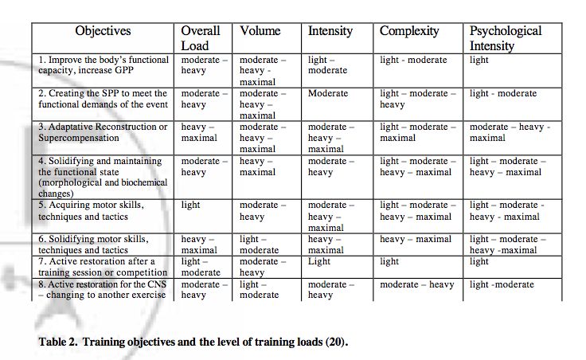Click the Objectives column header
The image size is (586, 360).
point(103,30)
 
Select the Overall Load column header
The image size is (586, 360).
point(201,38)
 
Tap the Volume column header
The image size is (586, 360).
point(260,30)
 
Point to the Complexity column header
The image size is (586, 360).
point(409,31)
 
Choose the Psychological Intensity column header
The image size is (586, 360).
point(506,38)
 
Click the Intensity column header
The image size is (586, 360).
point(330,31)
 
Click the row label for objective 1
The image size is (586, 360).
point(104,65)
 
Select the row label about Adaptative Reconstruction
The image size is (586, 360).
point(103,132)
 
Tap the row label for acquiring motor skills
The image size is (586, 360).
point(91,211)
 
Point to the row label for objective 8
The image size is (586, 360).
point(102,290)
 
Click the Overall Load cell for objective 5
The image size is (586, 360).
point(190,205)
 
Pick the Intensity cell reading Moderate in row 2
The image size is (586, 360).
point(328,93)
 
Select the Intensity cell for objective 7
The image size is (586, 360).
point(319,262)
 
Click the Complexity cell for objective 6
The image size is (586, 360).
point(416,239)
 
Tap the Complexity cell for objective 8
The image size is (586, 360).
point(417,285)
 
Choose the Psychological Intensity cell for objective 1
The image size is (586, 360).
point(479,61)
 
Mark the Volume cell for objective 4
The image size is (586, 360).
point(257,166)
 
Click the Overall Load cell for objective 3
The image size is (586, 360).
point(199,132)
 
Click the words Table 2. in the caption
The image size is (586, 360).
point(58,342)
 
